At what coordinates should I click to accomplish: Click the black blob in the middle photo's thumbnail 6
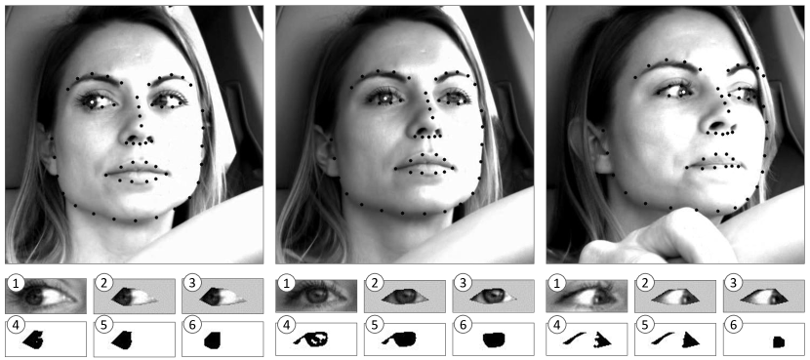[494, 340]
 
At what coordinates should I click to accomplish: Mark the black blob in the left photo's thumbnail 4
[34, 340]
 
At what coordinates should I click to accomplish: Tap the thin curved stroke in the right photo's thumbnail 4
[574, 339]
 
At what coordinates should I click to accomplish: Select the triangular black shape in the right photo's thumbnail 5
[690, 340]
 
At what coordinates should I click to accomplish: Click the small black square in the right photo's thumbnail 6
[779, 341]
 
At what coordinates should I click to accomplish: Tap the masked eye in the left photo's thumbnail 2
[133, 297]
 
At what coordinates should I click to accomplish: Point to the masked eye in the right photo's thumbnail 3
[761, 297]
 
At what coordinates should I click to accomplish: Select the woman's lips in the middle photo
[424, 165]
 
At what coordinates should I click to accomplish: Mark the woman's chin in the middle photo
[423, 201]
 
